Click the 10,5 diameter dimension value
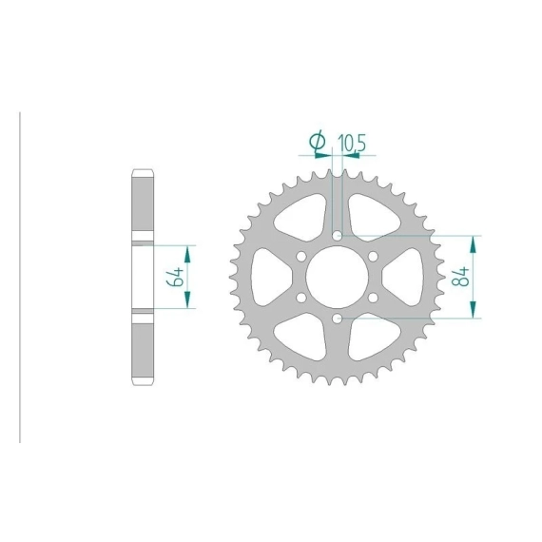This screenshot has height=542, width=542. tap(352, 143)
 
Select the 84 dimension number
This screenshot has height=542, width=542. tap(460, 276)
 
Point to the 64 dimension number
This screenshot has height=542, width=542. tap(175, 277)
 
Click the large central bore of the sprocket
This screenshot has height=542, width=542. tap(337, 277)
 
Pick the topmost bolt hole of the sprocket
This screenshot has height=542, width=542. tap(337, 236)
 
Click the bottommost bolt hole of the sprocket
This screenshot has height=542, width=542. tap(337, 319)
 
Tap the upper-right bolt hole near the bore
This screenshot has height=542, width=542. tap(373, 257)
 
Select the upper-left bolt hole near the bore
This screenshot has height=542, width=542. tap(301, 257)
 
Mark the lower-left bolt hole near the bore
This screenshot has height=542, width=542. tap(301, 298)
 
